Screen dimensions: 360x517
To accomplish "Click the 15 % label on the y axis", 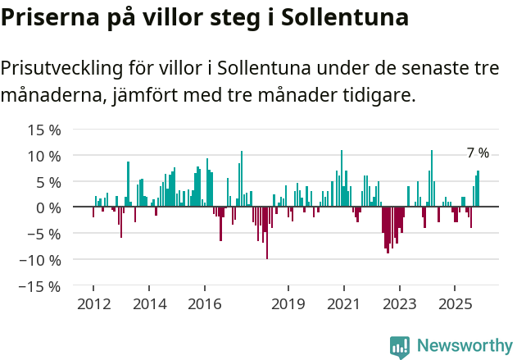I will click(x=44, y=130).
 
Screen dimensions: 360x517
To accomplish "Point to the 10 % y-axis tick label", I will click(x=44, y=156).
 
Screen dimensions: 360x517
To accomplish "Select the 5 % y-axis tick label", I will click(x=48, y=182).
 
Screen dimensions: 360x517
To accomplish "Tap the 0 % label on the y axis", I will click(x=48, y=207).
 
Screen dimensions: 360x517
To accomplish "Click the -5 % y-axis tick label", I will click(x=45, y=234).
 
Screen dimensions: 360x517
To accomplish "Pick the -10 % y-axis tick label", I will click(x=41, y=260).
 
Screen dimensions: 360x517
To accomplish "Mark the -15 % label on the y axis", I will click(x=41, y=286).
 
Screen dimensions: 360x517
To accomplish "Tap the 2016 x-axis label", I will click(x=204, y=304).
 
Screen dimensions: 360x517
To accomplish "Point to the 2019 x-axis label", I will click(x=288, y=304).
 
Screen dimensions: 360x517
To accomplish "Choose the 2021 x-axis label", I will click(x=343, y=304).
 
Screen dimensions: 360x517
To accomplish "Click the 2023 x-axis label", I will click(x=399, y=304).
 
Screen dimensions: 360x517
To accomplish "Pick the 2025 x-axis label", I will click(x=455, y=304).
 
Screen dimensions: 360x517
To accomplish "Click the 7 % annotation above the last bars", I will click(x=478, y=153).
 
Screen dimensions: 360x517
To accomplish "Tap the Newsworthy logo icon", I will click(x=400, y=347).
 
